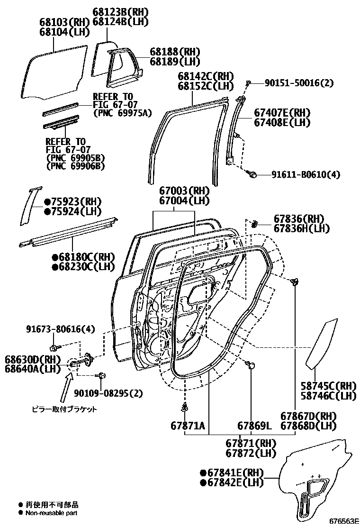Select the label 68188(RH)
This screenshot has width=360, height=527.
(x=175, y=52)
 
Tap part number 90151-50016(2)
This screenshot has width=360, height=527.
(x=298, y=83)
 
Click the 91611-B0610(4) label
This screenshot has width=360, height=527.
(x=306, y=174)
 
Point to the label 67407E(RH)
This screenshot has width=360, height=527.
(x=281, y=113)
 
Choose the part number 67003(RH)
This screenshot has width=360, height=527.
(x=184, y=191)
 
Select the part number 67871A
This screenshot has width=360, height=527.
(x=188, y=426)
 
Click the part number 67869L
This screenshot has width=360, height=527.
(x=254, y=426)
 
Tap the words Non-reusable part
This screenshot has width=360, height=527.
(x=52, y=513)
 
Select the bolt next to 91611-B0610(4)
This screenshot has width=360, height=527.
(x=252, y=174)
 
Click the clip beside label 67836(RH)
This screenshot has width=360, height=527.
(x=255, y=223)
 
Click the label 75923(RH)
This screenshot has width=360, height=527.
(x=73, y=201)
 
